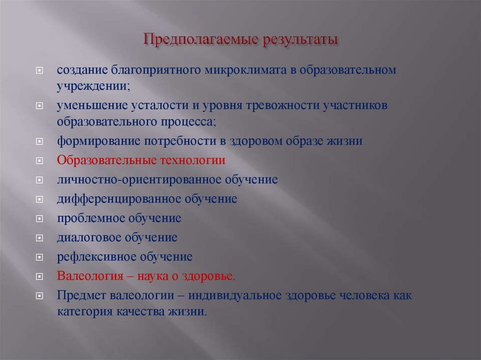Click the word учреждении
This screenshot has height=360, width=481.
[x=93, y=86]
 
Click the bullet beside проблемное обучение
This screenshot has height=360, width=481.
[x=39, y=219]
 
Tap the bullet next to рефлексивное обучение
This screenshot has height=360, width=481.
[x=39, y=257]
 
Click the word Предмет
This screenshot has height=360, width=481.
[x=81, y=295]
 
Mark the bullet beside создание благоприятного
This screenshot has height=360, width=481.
[x=39, y=70]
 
